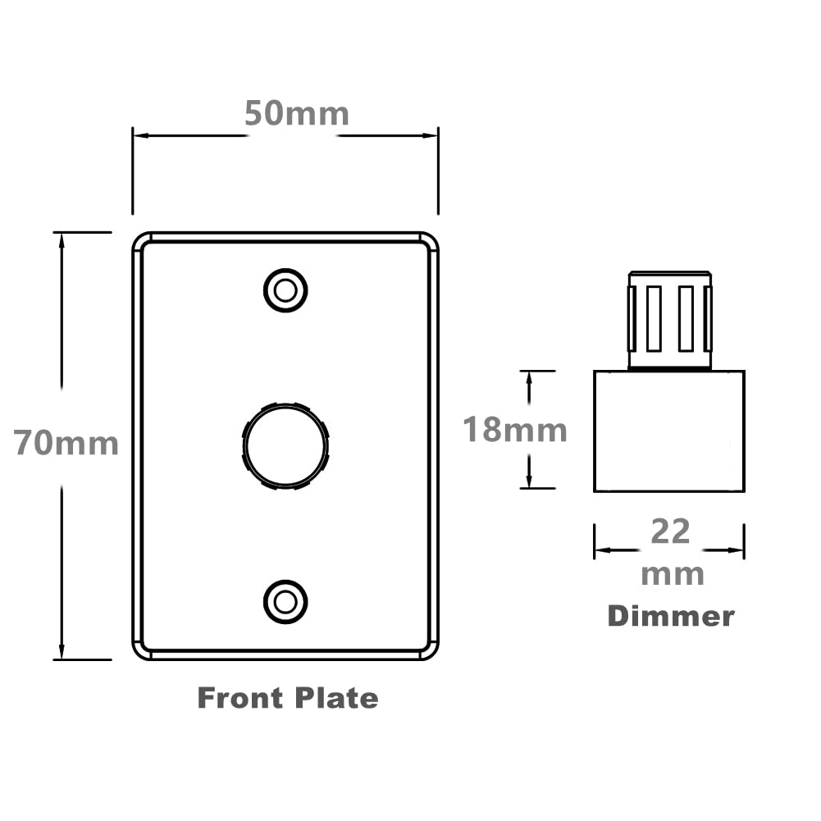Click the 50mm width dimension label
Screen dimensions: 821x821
pos(297,113)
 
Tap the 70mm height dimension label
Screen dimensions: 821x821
pos(66,443)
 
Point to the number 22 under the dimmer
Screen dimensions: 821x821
pos(671,531)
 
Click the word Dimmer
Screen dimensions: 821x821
pos(671,616)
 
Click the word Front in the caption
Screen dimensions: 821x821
pos(240,698)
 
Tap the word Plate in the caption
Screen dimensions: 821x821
pos(336,698)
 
